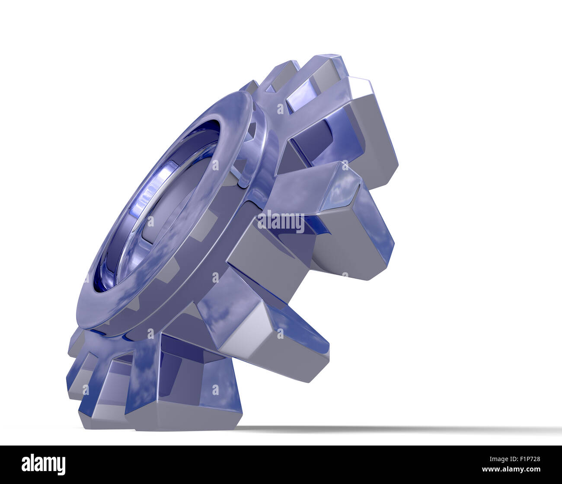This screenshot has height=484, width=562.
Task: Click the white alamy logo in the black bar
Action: [x=43, y=465]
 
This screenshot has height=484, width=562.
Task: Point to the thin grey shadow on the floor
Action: [x=389, y=429]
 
